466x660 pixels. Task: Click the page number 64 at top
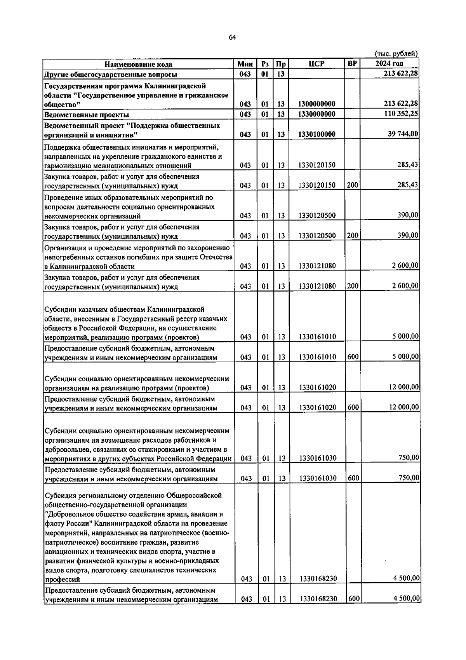pyautogui.click(x=232, y=37)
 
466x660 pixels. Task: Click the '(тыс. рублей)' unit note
pyautogui.click(x=396, y=54)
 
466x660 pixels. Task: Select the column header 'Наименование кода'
pyautogui.click(x=138, y=64)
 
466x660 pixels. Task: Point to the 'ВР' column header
pyautogui.click(x=352, y=63)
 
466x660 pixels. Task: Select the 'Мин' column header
pyautogui.click(x=245, y=64)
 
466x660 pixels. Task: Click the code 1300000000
pyautogui.click(x=317, y=104)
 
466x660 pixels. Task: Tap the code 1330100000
pyautogui.click(x=317, y=134)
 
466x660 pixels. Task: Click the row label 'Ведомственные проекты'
pyautogui.click(x=87, y=115)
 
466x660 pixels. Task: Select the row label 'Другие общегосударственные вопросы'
pyautogui.click(x=111, y=74)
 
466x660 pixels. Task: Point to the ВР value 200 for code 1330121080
pyautogui.click(x=353, y=286)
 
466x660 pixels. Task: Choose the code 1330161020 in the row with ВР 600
pyautogui.click(x=318, y=407)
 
